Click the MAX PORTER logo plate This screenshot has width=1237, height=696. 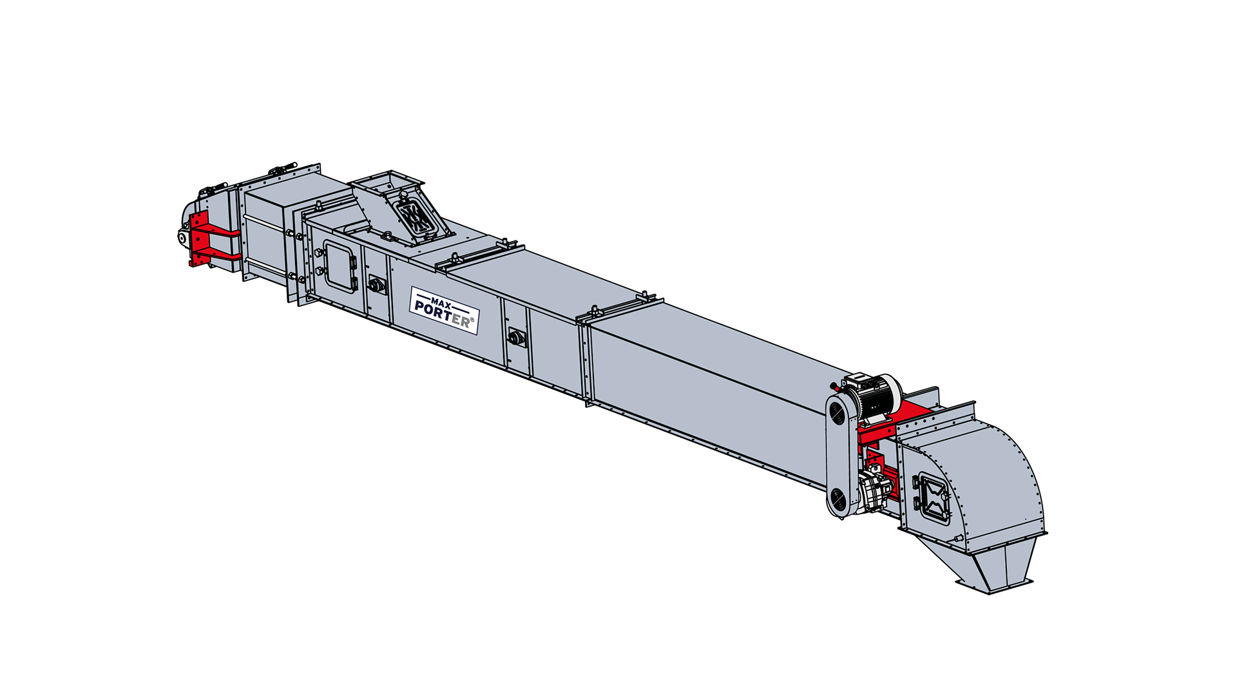(445, 311)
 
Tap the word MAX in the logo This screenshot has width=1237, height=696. (441, 302)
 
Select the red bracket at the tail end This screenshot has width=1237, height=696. (212, 238)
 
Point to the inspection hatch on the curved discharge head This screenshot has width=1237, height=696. (932, 496)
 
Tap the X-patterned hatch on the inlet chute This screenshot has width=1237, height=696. (416, 218)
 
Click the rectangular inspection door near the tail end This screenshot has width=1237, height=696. (340, 267)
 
